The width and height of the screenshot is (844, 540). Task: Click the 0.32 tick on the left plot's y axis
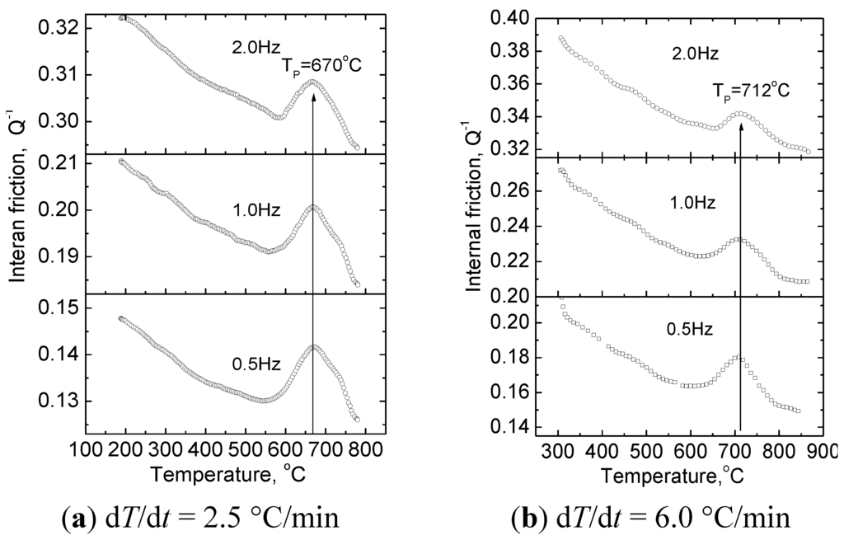point(64,29)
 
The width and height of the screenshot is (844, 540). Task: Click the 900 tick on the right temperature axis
point(824,452)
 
